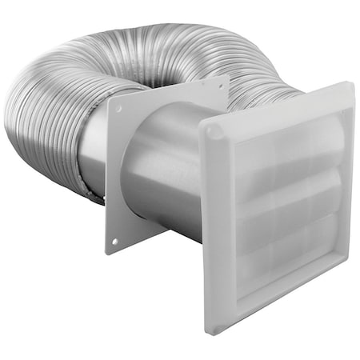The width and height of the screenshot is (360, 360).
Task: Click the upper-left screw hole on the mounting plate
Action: pyautogui.click(x=118, y=107)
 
